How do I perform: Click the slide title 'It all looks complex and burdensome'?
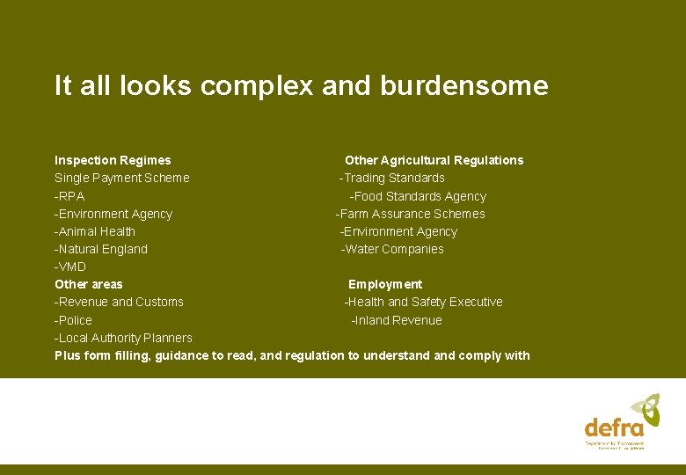pyautogui.click(x=301, y=86)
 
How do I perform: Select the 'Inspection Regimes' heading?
pyautogui.click(x=113, y=160)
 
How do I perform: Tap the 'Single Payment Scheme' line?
pyautogui.click(x=121, y=178)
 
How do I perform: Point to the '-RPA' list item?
pyautogui.click(x=69, y=196)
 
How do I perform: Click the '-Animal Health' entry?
pyautogui.click(x=95, y=231)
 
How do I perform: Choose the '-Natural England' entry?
pyautogui.click(x=101, y=249)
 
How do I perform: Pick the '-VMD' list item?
pyautogui.click(x=70, y=267)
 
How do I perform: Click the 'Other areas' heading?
pyautogui.click(x=89, y=284)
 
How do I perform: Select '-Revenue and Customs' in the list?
pyautogui.click(x=119, y=302)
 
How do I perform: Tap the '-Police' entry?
pyautogui.click(x=73, y=320)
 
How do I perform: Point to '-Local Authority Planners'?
pyautogui.click(x=123, y=338)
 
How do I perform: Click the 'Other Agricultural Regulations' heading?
pyautogui.click(x=434, y=160)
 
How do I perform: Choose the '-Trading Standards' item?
pyautogui.click(x=392, y=178)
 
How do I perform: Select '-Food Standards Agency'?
pyautogui.click(x=418, y=196)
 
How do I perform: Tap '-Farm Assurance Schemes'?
pyautogui.click(x=410, y=214)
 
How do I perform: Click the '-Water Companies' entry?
pyautogui.click(x=392, y=249)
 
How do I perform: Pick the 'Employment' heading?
pyautogui.click(x=385, y=284)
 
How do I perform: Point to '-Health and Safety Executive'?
pyautogui.click(x=423, y=302)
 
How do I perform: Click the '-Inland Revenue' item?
pyautogui.click(x=397, y=320)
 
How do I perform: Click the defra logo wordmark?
pyautogui.click(x=614, y=428)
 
